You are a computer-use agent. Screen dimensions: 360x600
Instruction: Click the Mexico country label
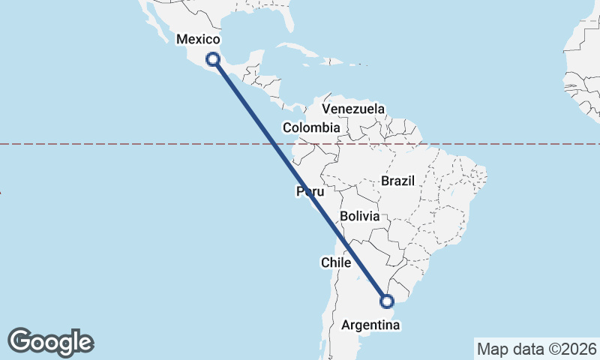[197, 39]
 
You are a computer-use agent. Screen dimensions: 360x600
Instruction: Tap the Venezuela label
[353, 109]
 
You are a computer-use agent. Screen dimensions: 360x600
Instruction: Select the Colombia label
[310, 127]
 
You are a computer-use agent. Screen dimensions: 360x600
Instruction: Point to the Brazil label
[398, 181]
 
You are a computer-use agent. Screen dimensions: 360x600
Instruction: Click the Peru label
[310, 193]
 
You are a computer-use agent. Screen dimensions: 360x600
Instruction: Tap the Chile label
[336, 262]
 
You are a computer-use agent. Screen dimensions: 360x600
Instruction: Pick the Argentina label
[370, 325]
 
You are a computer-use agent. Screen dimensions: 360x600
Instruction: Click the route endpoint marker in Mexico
[214, 58]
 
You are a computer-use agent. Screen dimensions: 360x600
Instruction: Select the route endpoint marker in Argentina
[387, 301]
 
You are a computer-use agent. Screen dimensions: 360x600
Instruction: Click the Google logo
[51, 342]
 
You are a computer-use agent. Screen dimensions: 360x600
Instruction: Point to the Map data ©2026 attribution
[536, 348]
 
